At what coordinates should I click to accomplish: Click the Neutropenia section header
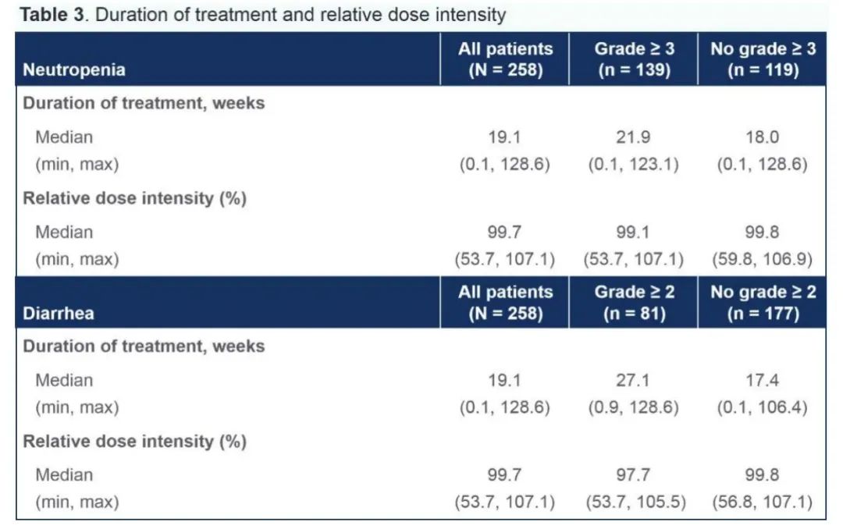[x=74, y=69]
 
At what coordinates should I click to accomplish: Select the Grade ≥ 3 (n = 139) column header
[x=635, y=59]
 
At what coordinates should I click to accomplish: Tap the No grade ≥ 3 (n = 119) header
[x=763, y=59]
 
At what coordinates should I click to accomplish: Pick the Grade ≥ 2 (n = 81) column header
[x=635, y=303]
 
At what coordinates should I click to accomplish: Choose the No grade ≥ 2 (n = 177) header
[x=763, y=303]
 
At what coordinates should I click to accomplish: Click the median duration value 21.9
[x=635, y=137]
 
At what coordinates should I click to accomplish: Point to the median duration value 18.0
[x=763, y=137]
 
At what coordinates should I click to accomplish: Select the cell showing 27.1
[x=635, y=381]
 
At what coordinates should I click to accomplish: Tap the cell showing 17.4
[x=763, y=381]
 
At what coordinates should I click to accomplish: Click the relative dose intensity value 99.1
[x=635, y=233]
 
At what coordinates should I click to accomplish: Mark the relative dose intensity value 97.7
[x=635, y=475]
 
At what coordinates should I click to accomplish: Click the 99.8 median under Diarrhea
[x=763, y=475]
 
